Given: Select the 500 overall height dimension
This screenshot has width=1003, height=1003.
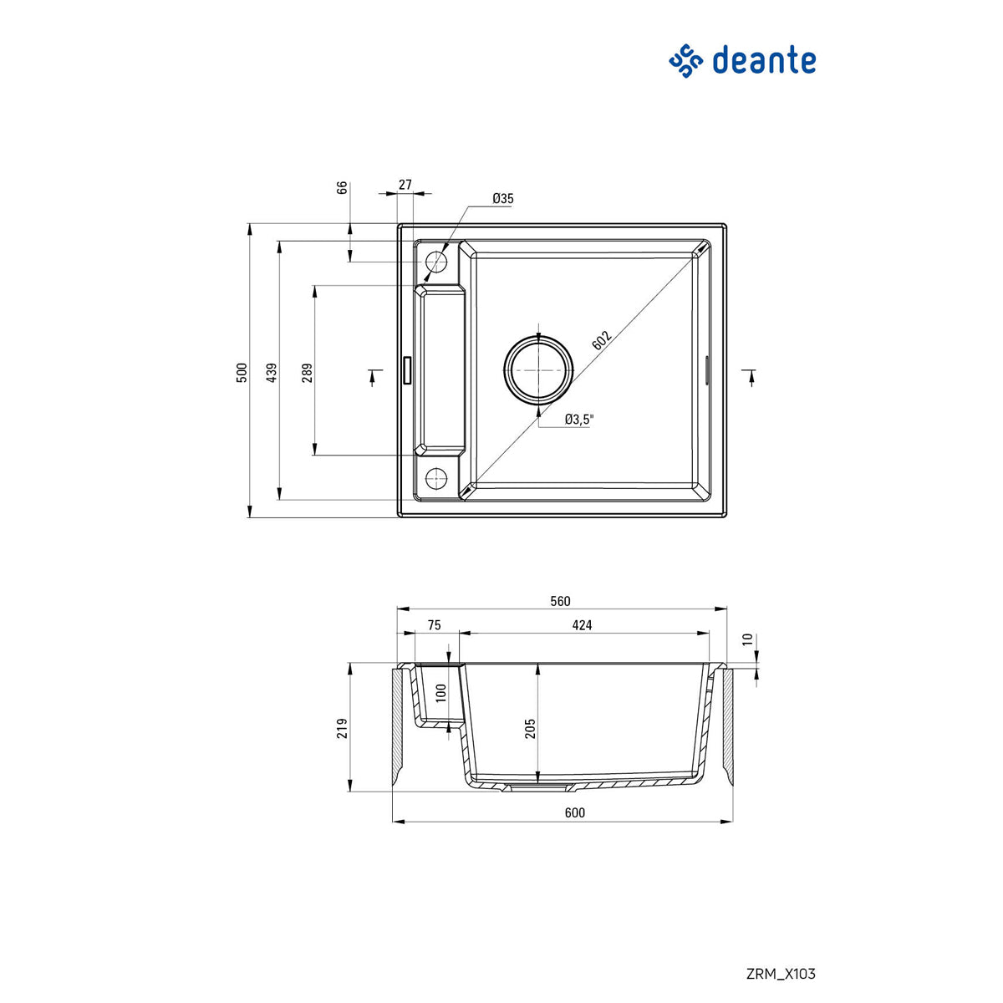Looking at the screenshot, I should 242,372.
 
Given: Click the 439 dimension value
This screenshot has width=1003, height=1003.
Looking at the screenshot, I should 271,373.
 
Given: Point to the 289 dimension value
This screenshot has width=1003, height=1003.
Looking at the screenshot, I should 307,372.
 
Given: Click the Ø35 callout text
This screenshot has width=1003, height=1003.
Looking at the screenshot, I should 503,198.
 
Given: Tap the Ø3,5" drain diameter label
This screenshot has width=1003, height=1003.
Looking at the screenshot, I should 578,420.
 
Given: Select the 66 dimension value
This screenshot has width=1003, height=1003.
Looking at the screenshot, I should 342,188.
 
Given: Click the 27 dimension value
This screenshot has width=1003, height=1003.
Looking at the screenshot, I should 405,185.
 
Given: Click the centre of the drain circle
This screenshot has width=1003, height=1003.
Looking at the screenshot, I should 539,369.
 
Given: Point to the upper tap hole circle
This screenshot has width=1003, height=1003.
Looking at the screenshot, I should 436,262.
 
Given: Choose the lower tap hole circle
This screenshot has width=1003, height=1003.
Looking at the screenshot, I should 436,477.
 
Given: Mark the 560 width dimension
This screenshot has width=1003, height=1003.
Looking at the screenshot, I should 560,601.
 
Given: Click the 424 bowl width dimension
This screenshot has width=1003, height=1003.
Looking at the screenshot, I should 583,625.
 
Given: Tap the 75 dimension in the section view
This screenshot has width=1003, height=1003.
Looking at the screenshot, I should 434,625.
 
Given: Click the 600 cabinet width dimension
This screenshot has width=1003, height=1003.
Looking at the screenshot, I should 575,812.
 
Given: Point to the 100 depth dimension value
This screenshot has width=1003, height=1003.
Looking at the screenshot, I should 441,692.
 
